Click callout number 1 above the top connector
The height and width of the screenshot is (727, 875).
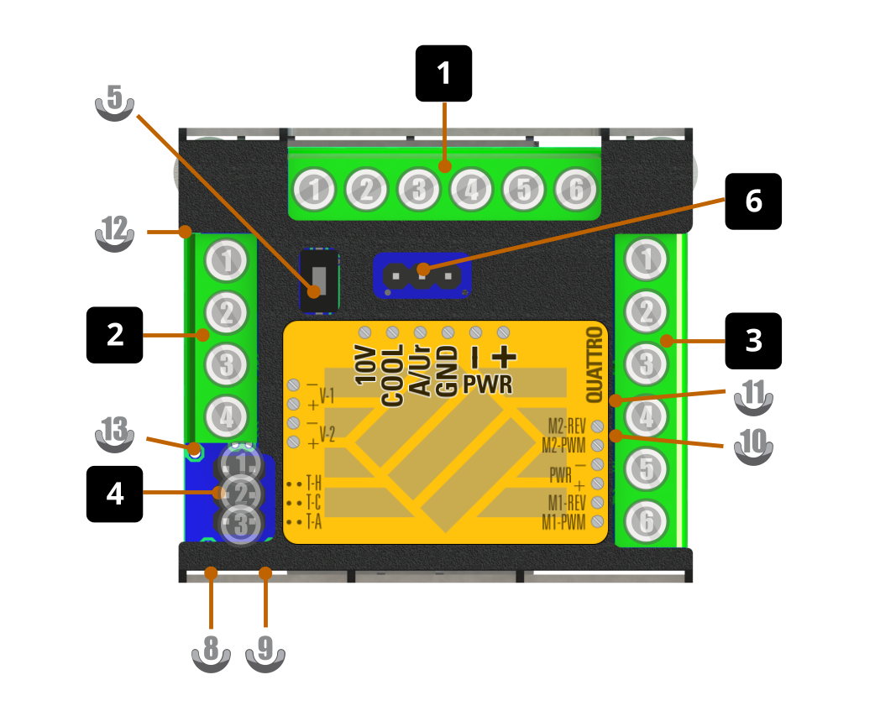click(x=444, y=74)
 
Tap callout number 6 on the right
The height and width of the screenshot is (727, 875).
click(x=753, y=201)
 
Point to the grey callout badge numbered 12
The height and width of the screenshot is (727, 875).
click(x=114, y=231)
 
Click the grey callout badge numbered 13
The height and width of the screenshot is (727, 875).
click(x=114, y=433)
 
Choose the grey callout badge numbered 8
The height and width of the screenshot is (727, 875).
click(x=211, y=651)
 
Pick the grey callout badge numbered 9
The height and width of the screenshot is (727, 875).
click(x=265, y=651)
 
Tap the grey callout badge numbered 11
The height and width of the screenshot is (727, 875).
click(x=753, y=395)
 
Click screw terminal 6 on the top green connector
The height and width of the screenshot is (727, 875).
click(x=575, y=191)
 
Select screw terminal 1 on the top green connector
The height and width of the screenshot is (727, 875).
click(x=315, y=191)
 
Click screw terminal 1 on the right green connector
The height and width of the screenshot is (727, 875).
click(x=646, y=260)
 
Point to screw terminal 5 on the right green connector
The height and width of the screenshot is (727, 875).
click(x=646, y=469)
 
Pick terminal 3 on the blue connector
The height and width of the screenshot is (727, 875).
click(x=242, y=526)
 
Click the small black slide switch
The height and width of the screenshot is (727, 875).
click(x=319, y=280)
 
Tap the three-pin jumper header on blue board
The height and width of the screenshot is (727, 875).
click(x=422, y=275)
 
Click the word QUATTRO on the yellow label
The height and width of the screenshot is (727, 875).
click(x=595, y=363)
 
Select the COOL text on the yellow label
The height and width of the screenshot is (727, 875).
click(x=392, y=376)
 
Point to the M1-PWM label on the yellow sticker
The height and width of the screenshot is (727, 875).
click(x=563, y=523)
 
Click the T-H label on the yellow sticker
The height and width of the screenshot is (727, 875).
click(x=313, y=484)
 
